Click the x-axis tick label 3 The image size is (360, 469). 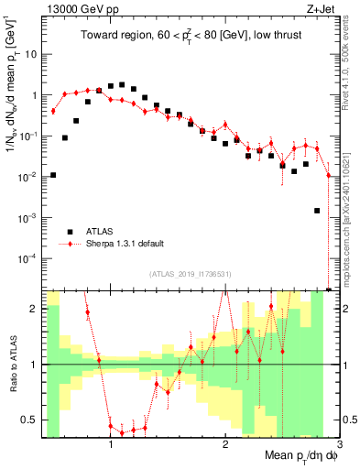pos(338,444)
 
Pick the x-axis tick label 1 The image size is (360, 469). pos(111,444)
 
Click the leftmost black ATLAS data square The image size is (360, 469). pos(53,175)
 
